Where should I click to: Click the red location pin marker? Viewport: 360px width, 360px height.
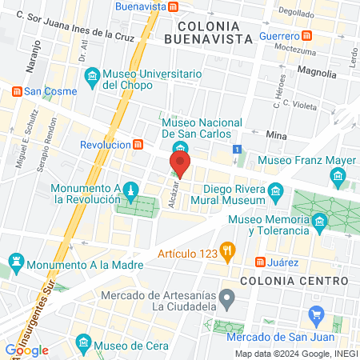coord(179,165)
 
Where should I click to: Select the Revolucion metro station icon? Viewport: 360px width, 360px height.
coord(139,145)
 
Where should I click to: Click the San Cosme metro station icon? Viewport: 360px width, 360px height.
coord(16,91)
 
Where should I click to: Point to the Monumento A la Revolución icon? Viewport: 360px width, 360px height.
coord(127,189)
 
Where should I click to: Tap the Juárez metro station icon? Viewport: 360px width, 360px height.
coord(260,262)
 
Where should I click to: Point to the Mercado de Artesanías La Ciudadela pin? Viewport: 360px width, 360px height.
coord(227,301)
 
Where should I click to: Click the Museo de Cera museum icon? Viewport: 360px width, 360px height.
coord(82,343)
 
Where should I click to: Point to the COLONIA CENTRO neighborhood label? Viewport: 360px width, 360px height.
coord(294,282)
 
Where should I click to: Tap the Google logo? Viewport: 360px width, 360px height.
coord(26,350)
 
